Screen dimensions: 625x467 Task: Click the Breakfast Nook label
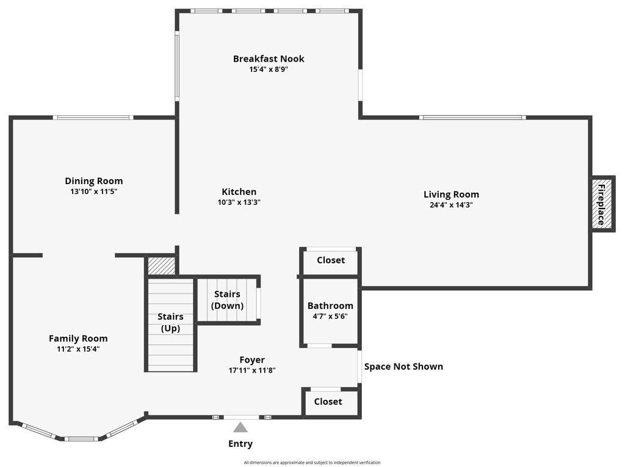point(269,59)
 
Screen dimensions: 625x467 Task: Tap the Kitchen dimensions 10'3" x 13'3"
point(239,202)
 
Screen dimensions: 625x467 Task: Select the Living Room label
point(451,194)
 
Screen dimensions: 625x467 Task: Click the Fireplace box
point(602,204)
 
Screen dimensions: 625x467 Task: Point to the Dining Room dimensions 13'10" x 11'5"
point(93,191)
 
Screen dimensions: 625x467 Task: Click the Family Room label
point(78,338)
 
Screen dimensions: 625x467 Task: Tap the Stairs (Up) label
point(170,323)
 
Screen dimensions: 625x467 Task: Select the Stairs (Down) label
point(227,300)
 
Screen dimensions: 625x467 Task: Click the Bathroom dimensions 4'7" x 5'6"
point(330,316)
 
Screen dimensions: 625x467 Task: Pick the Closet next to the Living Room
point(331,260)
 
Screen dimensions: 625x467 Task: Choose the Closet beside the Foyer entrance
point(328,401)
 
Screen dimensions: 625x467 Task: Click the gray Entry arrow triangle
point(240,427)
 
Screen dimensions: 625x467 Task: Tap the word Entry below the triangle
point(240,444)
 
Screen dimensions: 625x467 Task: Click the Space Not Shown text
point(403,366)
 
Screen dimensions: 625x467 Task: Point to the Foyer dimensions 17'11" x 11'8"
point(252,371)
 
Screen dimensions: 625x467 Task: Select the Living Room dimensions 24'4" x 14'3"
point(451,205)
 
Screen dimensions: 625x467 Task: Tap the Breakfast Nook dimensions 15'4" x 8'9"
point(269,70)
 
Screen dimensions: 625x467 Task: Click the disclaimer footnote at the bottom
point(312,463)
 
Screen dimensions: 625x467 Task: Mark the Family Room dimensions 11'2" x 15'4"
point(78,349)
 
